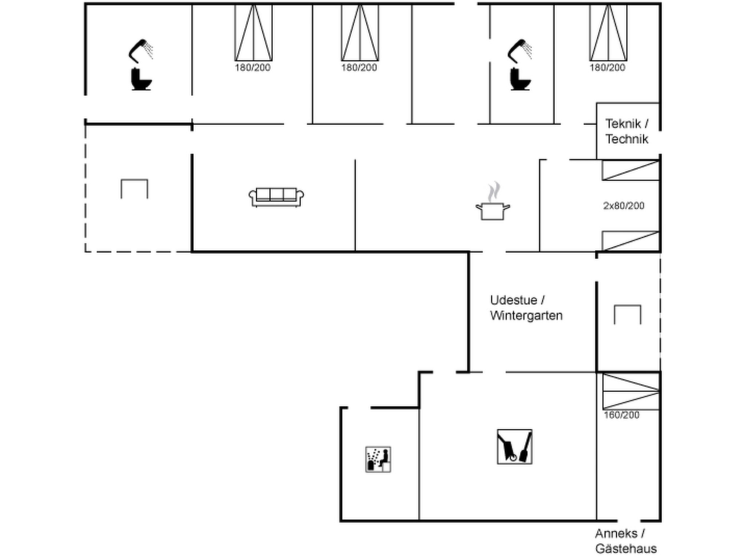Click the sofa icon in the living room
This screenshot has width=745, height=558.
click(276, 197)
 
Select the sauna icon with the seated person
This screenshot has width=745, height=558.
click(378, 460)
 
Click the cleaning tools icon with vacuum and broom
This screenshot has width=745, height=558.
click(515, 447)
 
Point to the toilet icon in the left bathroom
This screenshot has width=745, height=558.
click(141, 79)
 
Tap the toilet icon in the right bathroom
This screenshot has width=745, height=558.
click(521, 79)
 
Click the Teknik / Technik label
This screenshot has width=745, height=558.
click(627, 132)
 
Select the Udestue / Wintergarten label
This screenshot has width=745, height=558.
click(526, 308)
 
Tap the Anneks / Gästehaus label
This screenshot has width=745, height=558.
click(626, 541)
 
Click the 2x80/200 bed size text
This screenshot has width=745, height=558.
click(624, 206)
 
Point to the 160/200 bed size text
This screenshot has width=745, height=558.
click(621, 415)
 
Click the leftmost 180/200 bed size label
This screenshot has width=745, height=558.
click(252, 68)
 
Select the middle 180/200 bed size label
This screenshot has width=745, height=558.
click(359, 68)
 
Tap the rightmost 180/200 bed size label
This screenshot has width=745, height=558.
click(607, 68)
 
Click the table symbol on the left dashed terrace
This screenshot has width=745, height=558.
click(135, 179)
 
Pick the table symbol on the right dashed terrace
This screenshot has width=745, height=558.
click(628, 306)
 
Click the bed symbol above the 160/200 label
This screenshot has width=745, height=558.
click(631, 391)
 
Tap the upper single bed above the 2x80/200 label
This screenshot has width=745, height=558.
click(631, 170)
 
